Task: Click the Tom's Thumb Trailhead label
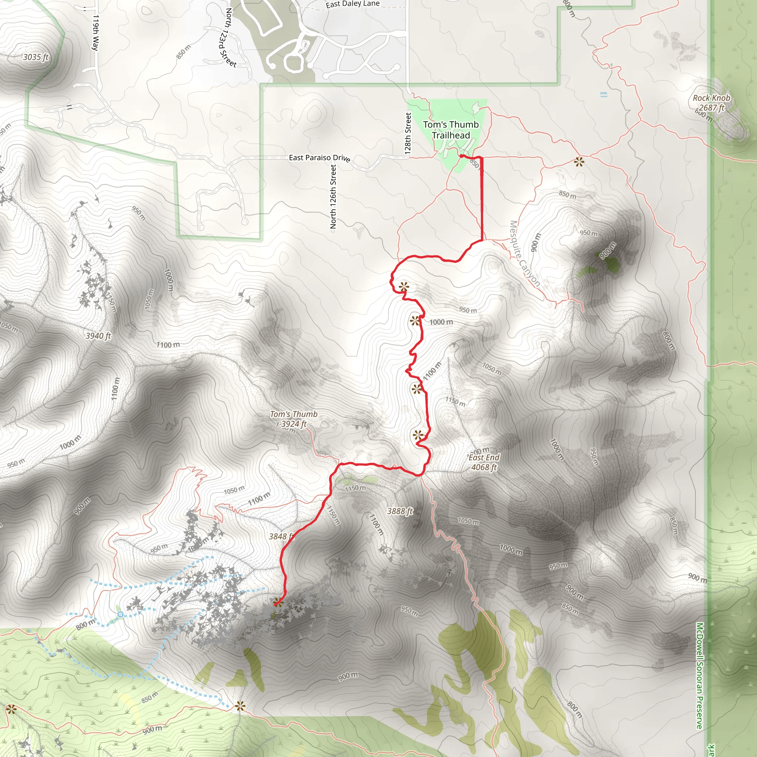point(451,130)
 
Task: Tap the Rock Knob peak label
point(712,103)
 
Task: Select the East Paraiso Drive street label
point(319,158)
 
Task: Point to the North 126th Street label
point(333,196)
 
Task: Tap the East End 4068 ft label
point(484,462)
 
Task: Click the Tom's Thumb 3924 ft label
point(293,419)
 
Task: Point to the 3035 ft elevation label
point(35,57)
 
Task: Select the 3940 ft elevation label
point(98,336)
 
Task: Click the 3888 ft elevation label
point(400,511)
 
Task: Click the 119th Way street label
point(95,33)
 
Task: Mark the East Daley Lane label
point(353,4)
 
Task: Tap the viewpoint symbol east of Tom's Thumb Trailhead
point(579,162)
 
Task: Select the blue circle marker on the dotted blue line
point(120,614)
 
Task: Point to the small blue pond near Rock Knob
point(604,94)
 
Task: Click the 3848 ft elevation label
point(281,536)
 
